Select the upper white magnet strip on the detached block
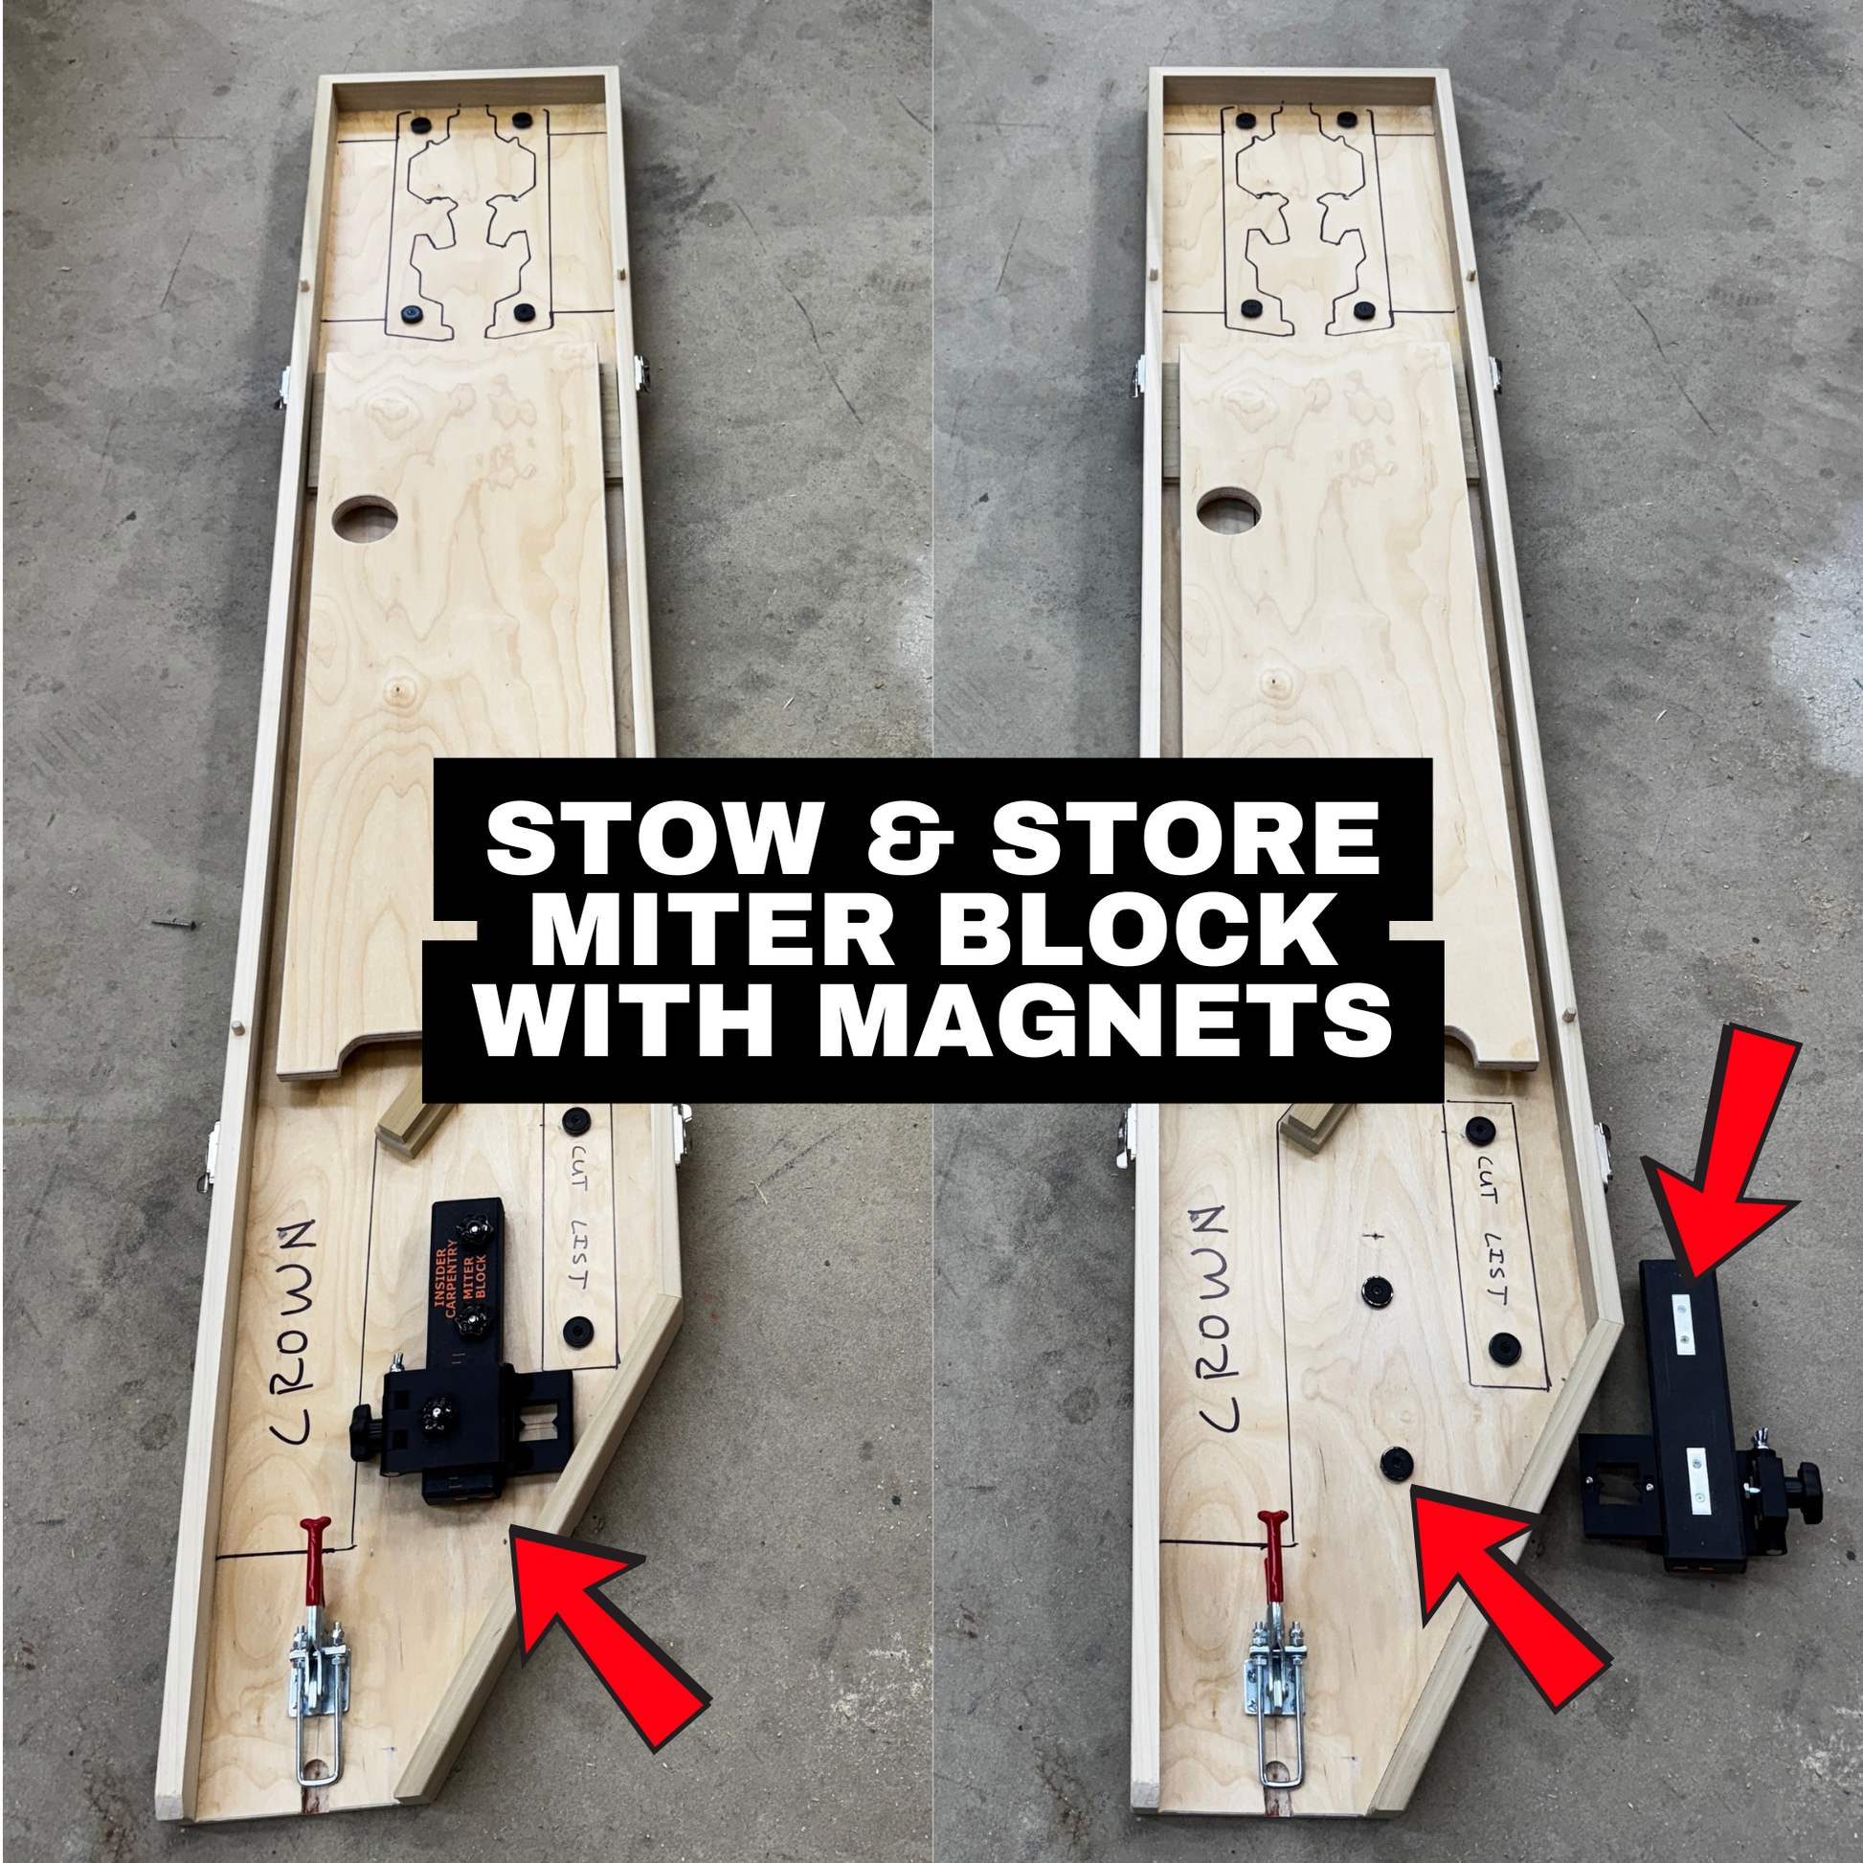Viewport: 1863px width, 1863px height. (1685, 1326)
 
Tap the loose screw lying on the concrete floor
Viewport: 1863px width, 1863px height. (173, 924)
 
